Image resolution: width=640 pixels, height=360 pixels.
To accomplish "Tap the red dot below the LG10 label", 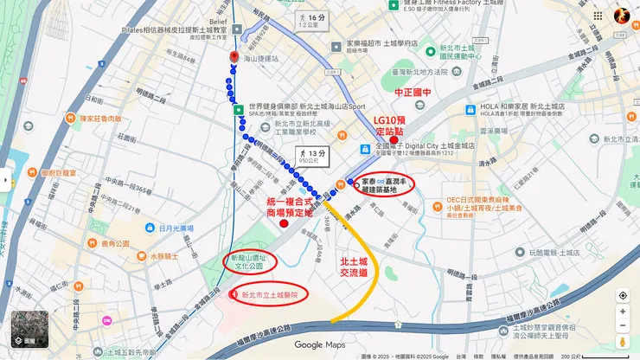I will point(394,140).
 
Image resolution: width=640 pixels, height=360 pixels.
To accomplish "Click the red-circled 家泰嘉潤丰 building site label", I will point(384,183).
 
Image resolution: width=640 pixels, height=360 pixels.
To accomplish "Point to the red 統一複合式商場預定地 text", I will point(289,206).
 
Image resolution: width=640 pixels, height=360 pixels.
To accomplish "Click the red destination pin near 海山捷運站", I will point(234,57).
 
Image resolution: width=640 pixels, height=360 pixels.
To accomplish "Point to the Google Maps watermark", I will point(319,345).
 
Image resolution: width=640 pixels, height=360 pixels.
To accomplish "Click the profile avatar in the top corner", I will point(622,16).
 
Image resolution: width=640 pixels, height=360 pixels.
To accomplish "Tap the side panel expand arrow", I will point(4,180).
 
